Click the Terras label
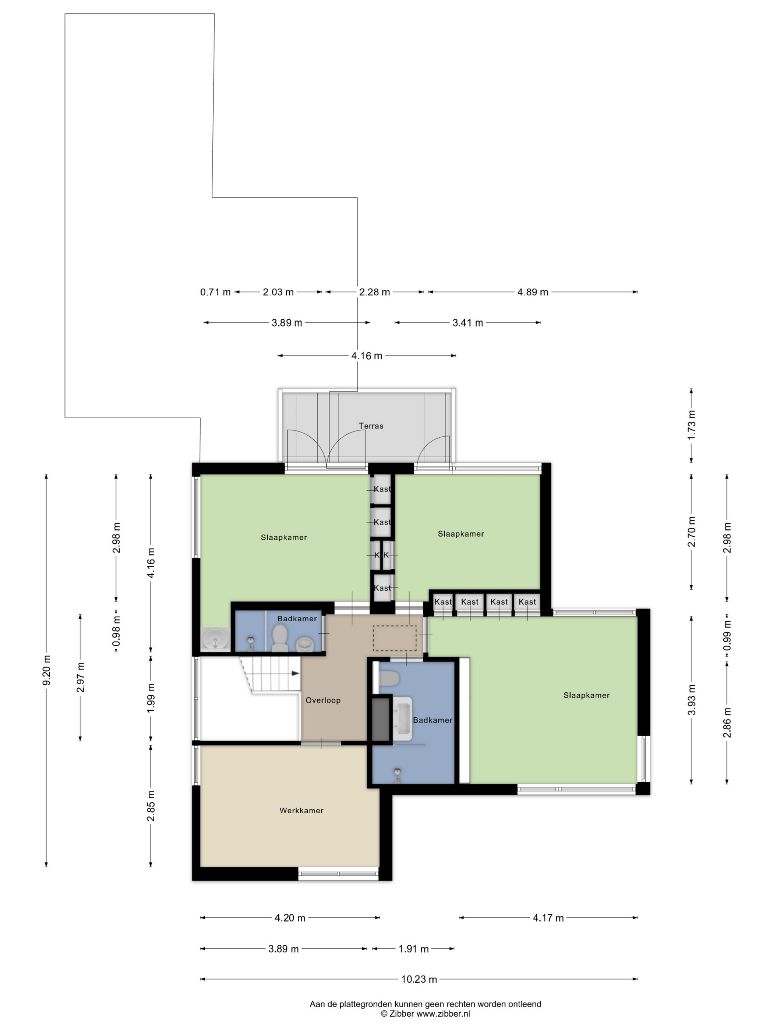point(371,426)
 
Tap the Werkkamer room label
point(301,810)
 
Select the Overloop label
point(323,700)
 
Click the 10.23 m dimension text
point(419,979)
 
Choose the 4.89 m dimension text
point(533,292)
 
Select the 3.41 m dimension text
point(467,323)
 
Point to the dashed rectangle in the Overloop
point(395,638)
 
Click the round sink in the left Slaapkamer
point(215,637)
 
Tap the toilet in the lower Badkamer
point(389,678)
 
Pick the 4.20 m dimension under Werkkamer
point(290,918)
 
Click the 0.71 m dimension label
point(215,292)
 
